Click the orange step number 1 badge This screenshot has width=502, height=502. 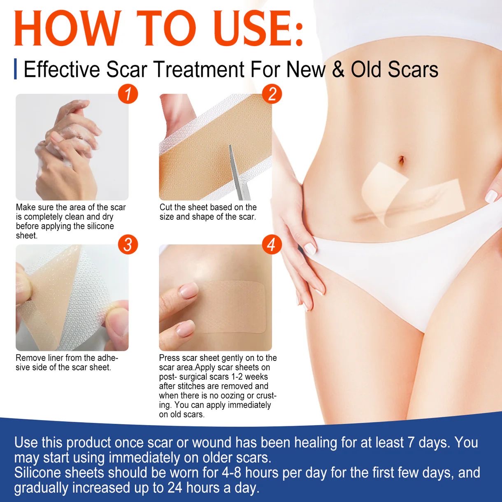tap(128, 94)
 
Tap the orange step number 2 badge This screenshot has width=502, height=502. tap(272, 94)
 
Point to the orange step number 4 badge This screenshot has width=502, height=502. tap(272, 244)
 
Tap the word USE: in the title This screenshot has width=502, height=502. tap(258, 28)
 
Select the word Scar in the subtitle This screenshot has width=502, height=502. tap(126, 70)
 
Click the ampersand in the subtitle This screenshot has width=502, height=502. tap(338, 70)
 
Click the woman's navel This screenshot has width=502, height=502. tap(402, 160)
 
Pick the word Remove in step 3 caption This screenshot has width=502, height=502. tap(30, 358)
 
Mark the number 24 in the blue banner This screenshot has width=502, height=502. tap(175, 488)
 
